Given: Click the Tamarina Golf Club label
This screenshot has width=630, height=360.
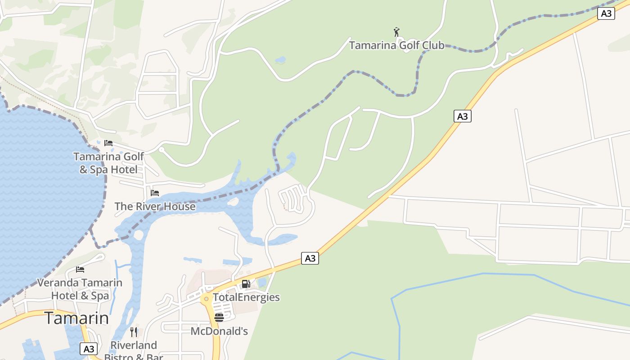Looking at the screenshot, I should click(x=396, y=45).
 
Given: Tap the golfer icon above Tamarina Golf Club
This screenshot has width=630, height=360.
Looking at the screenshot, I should click(x=396, y=32).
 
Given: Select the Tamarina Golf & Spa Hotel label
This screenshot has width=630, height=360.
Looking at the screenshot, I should click(x=108, y=163).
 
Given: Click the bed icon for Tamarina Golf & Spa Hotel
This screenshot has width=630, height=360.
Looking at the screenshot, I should click(x=108, y=143).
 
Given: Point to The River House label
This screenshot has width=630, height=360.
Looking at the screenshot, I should click(x=155, y=207).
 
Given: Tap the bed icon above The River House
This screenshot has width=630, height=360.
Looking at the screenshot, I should click(x=155, y=193).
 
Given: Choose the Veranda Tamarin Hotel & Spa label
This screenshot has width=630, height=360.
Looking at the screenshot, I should click(x=80, y=289).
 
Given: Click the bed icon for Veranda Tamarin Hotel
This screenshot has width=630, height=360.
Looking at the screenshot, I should click(x=80, y=270).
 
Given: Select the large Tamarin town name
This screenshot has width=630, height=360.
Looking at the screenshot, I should click(x=76, y=318).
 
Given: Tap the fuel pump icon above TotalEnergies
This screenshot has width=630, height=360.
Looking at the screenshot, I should click(x=246, y=284).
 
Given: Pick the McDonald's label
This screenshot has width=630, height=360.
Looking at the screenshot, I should click(x=219, y=331).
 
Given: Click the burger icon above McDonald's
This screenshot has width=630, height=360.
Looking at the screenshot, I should click(x=219, y=318).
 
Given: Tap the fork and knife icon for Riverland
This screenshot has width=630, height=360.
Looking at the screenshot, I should click(x=134, y=332).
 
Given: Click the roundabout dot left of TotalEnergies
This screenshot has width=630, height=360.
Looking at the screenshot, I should click(x=206, y=298).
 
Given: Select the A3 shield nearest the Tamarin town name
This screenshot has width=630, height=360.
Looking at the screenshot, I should click(x=89, y=349).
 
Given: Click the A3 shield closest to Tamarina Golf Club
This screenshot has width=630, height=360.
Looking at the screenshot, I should click(x=462, y=117).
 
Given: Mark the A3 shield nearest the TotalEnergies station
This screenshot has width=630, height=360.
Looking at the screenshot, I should click(x=310, y=258).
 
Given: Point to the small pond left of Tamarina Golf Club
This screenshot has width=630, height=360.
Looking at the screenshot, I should click(x=280, y=60).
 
